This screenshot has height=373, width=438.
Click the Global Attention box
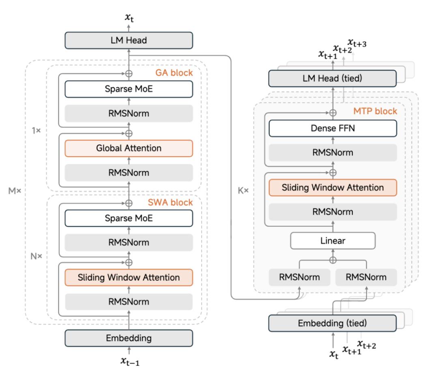coord(129,148)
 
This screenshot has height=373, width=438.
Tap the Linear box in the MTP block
coord(333,241)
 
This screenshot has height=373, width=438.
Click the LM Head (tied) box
coord(333,78)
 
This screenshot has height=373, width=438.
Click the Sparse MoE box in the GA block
coord(129,89)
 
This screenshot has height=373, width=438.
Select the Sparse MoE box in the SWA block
coord(129,218)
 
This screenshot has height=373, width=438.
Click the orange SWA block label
coord(176,202)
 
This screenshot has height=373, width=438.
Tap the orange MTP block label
coord(380,111)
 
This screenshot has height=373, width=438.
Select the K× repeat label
coord(244,190)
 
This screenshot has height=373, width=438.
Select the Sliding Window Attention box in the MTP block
coord(333,187)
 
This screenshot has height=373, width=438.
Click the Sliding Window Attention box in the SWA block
coord(129,278)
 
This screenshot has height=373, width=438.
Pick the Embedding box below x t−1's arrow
coord(129,338)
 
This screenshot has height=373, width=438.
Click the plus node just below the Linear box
coord(333,260)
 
